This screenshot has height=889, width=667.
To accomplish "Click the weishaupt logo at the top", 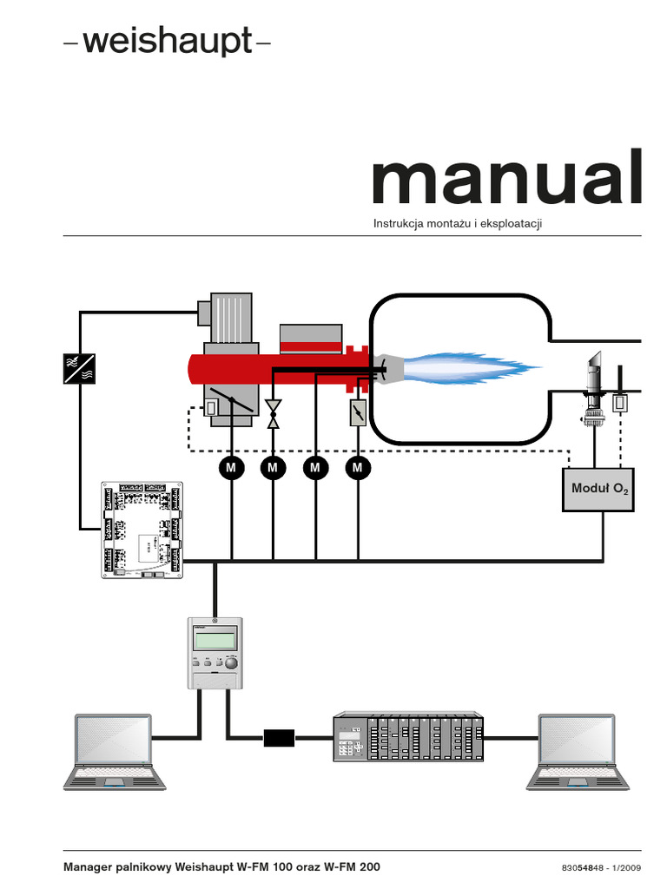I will (167, 41).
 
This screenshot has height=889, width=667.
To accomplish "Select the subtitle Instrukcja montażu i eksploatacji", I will (457, 224).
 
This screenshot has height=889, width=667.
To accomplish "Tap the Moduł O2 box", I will (598, 489).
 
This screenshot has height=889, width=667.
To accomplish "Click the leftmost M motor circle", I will (231, 468).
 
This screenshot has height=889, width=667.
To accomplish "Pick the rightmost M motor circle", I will (357, 468).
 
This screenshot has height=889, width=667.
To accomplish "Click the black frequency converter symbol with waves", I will (81, 368).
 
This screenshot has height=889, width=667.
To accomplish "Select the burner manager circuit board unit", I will (143, 530).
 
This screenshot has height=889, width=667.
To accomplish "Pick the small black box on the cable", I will (279, 738).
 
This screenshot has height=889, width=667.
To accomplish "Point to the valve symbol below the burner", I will (273, 413).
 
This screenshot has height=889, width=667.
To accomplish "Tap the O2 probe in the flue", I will (592, 386).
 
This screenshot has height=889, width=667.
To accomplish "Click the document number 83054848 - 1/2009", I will (601, 867).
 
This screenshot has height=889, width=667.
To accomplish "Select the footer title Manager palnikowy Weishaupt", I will (221, 866).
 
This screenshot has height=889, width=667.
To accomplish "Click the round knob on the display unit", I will (232, 664).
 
